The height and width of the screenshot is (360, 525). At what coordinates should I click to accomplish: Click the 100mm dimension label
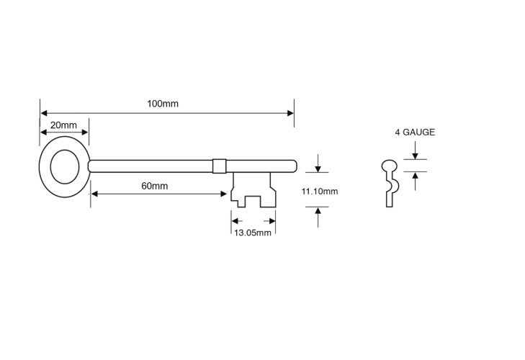tap(163, 104)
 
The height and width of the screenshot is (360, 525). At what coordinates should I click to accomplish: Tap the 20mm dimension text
tap(63, 125)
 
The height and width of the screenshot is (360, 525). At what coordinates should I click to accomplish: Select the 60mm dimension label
tap(155, 186)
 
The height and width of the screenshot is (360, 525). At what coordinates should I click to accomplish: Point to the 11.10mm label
tap(320, 192)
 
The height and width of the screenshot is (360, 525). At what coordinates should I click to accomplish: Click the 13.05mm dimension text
tap(253, 233)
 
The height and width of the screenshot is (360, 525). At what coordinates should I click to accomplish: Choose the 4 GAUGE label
tap(415, 132)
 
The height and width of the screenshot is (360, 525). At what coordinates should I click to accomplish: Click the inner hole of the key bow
tap(65, 167)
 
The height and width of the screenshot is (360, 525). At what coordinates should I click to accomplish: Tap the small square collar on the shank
tap(220, 166)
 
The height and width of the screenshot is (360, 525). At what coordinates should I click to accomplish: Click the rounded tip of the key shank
tap(294, 166)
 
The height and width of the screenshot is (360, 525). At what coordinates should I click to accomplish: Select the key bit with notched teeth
tap(253, 190)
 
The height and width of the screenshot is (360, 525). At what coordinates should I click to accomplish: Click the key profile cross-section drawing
tap(390, 183)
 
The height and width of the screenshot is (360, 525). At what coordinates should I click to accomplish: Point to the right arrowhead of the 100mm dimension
tap(291, 113)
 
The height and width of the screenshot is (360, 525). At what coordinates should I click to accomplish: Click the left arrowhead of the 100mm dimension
tap(43, 113)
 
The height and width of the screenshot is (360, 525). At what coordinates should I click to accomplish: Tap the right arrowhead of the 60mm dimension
tap(224, 194)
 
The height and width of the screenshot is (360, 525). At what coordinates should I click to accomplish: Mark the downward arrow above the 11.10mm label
tap(318, 163)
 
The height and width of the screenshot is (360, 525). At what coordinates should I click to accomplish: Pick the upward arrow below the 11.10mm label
tap(318, 217)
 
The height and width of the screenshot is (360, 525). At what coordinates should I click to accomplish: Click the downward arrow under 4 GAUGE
tap(416, 150)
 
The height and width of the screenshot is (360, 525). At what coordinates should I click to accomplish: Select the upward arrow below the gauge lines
tap(416, 181)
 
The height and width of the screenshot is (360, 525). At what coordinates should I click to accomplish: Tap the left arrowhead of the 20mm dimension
tap(43, 132)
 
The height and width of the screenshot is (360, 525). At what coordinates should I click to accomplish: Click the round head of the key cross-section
tap(390, 166)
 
